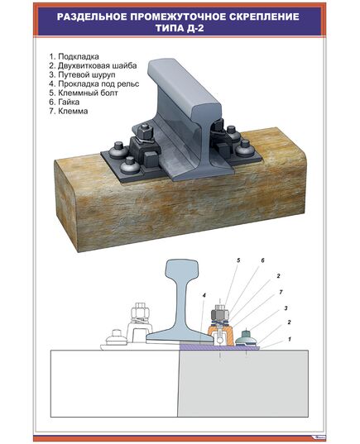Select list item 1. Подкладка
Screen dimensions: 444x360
[78, 57]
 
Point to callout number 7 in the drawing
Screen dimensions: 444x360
[281, 291]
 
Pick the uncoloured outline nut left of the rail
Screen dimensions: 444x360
[137, 315]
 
